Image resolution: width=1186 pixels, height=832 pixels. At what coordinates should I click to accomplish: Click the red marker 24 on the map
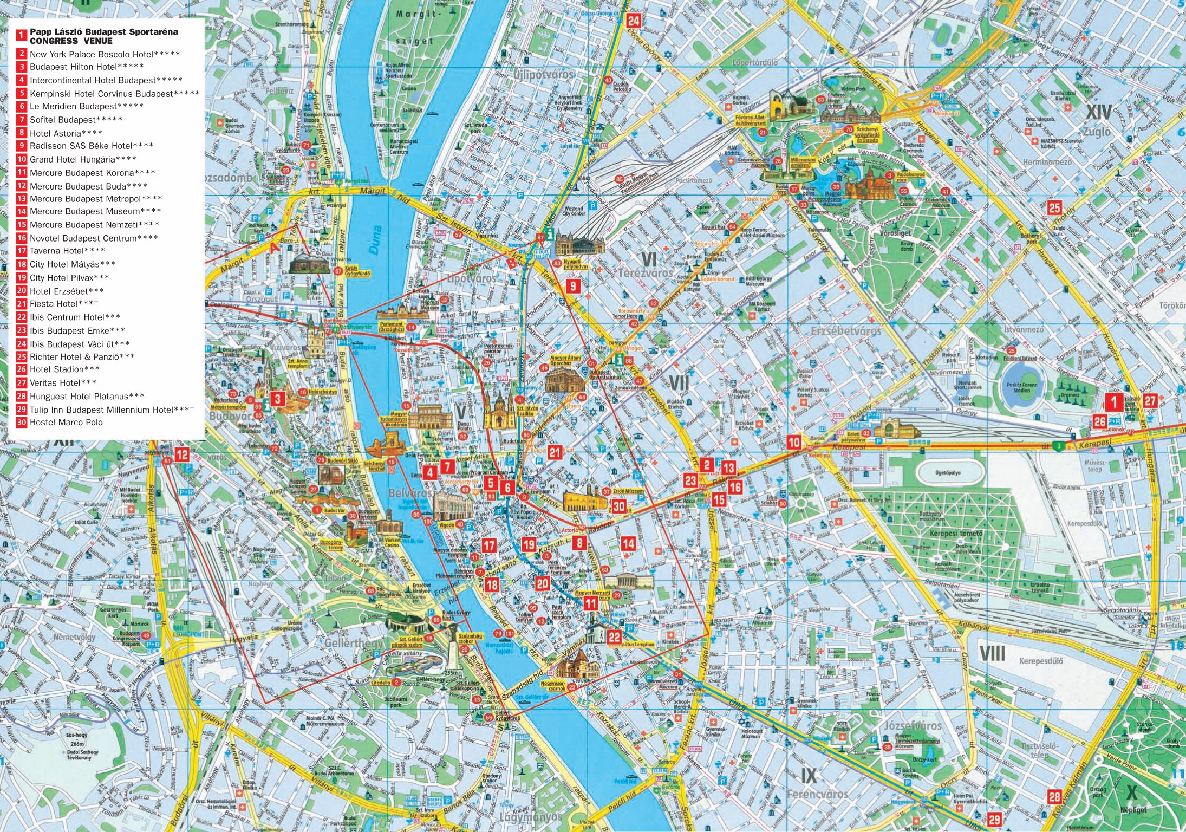coord(633,21)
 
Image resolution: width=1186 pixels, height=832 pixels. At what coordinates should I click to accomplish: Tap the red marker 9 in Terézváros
coord(572,285)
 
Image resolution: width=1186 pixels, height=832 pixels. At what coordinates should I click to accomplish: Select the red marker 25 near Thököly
coord(1054,208)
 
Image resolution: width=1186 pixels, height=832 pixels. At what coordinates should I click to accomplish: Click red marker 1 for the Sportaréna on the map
coord(1113,402)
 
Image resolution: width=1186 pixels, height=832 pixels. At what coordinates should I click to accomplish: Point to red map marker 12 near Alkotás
coord(182,455)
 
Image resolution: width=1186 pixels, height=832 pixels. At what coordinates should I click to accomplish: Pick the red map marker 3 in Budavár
coord(278,399)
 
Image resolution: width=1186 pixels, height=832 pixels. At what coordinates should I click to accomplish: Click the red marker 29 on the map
coord(994,819)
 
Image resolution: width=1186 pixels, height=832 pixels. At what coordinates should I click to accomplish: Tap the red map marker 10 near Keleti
coord(794,442)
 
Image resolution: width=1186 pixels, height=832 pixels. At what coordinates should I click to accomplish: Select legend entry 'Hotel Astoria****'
coord(66,133)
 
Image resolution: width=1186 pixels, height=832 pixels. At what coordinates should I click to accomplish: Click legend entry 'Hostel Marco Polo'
coord(66,422)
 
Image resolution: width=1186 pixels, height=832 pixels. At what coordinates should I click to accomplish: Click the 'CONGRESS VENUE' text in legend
coord(71,41)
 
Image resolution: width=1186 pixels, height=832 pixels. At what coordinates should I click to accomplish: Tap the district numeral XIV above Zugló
coord(1099,113)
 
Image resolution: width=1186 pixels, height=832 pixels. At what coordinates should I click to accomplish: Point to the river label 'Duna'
coord(375,240)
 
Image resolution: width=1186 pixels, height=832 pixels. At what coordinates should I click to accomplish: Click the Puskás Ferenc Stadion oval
coord(1021,387)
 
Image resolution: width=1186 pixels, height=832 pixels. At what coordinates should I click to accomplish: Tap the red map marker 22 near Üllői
coord(614,637)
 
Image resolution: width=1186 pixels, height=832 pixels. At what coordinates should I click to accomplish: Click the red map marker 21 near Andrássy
coord(555,452)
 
